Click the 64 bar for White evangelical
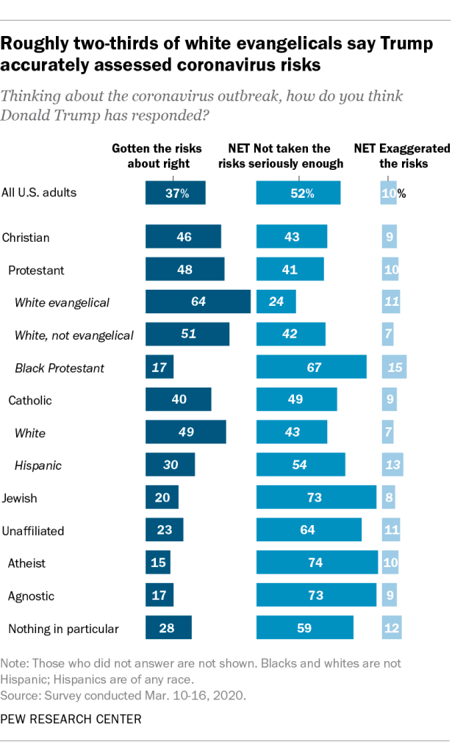(198, 302)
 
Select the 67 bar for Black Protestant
(311, 367)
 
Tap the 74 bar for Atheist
(317, 563)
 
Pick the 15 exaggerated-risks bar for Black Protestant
(394, 367)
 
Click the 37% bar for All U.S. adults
(176, 193)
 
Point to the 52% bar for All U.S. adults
(298, 193)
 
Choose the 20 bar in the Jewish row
(162, 498)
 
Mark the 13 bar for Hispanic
(392, 465)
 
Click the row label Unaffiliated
(33, 530)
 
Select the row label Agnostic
(31, 596)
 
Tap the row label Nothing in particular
(63, 628)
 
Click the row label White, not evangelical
(74, 335)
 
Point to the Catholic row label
(30, 400)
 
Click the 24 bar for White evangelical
(276, 302)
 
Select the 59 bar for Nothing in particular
(305, 628)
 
